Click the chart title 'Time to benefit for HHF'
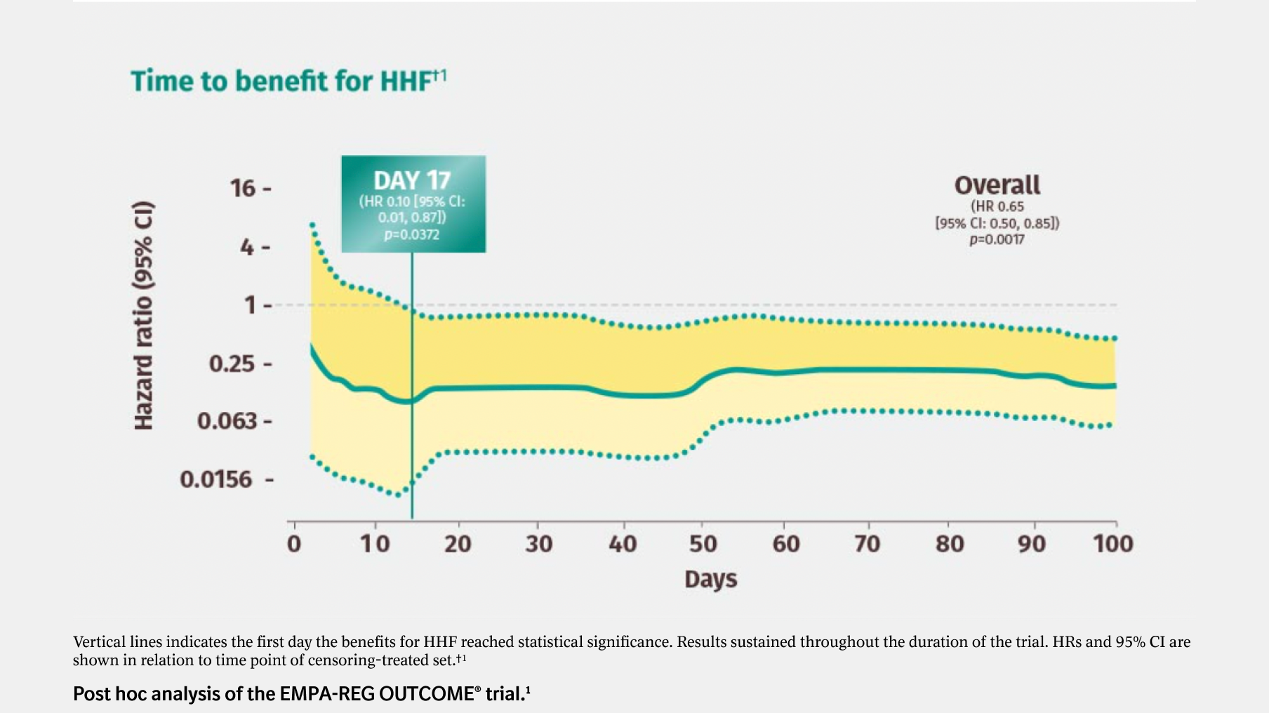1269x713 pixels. (x=281, y=81)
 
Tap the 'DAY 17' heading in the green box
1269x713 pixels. (x=412, y=181)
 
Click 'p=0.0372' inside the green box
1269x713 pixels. (x=412, y=234)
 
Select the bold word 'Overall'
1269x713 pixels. (x=997, y=185)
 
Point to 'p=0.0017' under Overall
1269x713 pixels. (x=997, y=239)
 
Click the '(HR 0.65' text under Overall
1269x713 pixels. (x=997, y=206)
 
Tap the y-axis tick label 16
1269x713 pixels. (x=243, y=188)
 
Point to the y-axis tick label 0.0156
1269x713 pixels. (x=215, y=479)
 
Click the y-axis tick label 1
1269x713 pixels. (x=249, y=305)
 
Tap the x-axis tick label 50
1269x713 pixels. (x=703, y=544)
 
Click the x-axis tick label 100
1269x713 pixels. (x=1112, y=544)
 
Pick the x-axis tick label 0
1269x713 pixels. (x=294, y=544)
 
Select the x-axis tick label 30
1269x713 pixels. (x=538, y=544)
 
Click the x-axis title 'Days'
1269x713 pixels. (x=710, y=580)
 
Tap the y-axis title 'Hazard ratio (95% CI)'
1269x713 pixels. (x=143, y=316)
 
